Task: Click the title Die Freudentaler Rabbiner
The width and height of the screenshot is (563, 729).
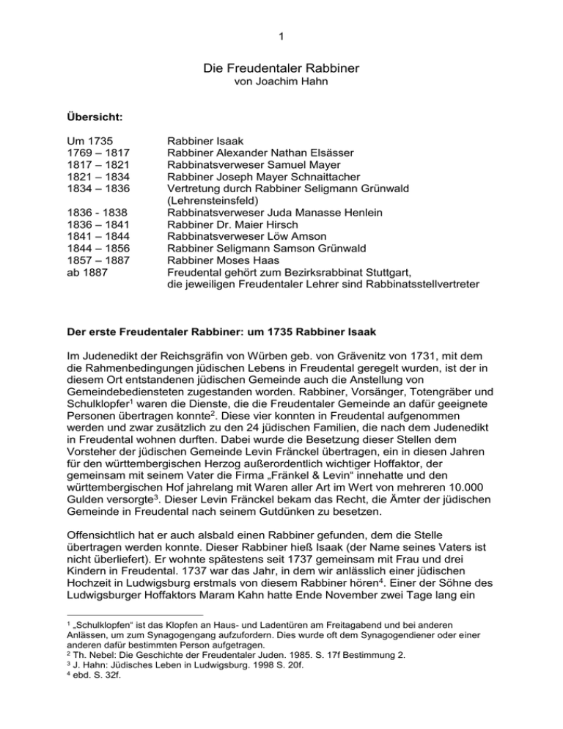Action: pos(281,71)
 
